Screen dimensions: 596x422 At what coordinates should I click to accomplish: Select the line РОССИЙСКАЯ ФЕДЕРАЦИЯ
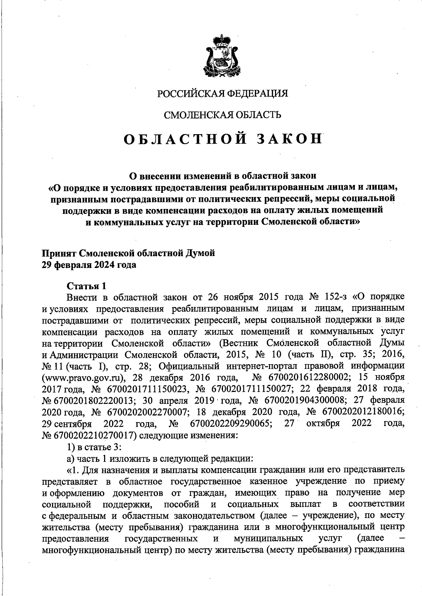[x=222, y=94]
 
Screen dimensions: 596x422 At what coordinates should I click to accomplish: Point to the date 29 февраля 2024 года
[x=89, y=265]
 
